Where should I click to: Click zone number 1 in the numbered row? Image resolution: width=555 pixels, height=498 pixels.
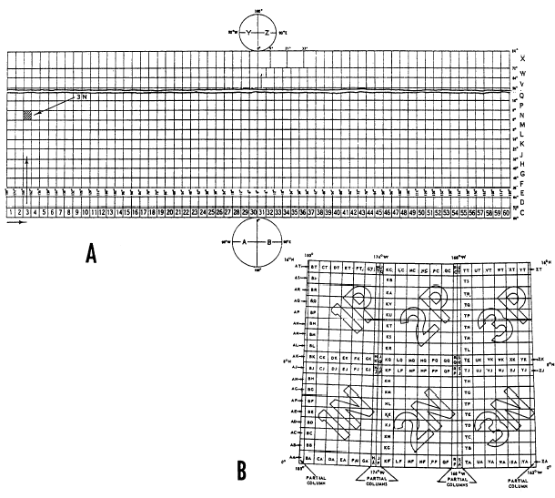coord(11,211)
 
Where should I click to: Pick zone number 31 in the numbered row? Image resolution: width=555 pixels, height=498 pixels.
coord(264,211)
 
